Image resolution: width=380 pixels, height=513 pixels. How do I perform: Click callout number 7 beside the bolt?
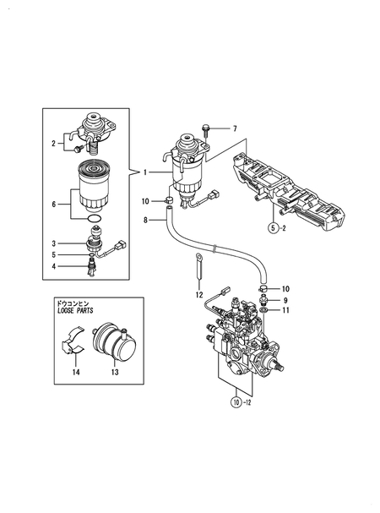tap(236, 128)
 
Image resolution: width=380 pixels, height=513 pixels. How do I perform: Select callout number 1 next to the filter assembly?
tap(145, 172)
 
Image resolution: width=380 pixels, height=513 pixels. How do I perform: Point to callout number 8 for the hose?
tap(145, 220)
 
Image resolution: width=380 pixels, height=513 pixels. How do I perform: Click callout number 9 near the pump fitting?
tap(285, 300)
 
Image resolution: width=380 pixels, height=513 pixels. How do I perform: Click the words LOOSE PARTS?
tap(72, 311)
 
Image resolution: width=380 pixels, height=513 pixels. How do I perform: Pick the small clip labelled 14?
tap(74, 347)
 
